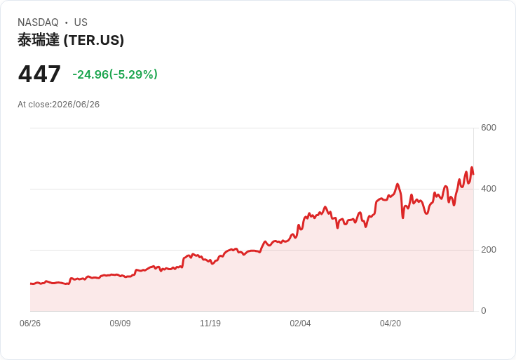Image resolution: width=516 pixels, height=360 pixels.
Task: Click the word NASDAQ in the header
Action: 38,22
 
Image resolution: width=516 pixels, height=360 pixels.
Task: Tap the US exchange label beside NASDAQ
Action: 81,22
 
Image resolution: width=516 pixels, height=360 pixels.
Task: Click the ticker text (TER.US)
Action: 94,40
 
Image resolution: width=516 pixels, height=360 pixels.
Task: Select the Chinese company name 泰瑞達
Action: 39,40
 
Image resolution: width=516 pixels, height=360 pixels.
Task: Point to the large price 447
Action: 39,74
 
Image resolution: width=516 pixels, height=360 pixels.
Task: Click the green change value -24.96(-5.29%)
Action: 115,74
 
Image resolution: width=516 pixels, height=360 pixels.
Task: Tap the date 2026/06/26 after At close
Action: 76,105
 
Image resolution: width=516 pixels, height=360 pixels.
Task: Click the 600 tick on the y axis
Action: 489,128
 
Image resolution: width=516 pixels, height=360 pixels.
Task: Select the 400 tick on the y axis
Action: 489,189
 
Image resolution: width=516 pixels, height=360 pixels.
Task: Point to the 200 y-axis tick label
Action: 489,250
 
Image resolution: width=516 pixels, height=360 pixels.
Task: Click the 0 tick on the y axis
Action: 484,311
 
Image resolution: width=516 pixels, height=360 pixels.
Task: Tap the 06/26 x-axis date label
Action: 30,323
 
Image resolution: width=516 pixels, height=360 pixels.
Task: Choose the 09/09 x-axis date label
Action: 120,323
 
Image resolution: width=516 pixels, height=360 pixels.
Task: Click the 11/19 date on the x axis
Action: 210,323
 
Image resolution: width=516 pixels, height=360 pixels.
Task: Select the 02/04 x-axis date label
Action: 300,323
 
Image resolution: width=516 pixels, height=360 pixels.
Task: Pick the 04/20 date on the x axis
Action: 391,323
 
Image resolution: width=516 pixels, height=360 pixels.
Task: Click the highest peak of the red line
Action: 472,167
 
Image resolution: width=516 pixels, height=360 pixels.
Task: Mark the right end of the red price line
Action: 473,174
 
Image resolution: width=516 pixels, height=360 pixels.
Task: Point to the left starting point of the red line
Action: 31,284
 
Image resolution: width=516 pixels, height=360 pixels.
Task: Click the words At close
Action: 34,105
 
